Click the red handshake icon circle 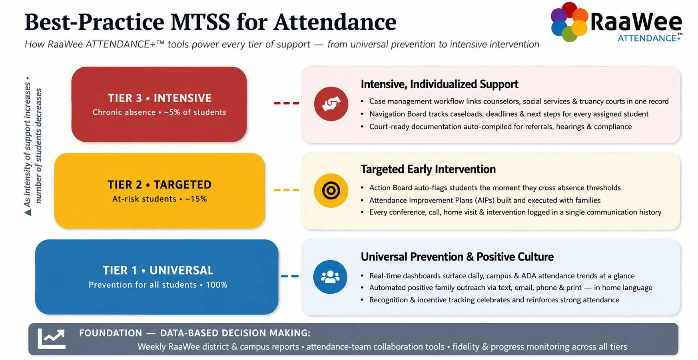[331, 104]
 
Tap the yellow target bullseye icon [331, 191]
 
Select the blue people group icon [330, 277]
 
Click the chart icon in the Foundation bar [52, 338]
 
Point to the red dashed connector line [286, 103]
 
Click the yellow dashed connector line [286, 190]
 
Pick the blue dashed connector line [289, 276]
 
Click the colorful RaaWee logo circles [569, 22]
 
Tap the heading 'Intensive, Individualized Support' [439, 84]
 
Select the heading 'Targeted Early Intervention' [428, 169]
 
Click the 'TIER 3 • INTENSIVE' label [160, 98]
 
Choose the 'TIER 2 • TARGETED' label [160, 185]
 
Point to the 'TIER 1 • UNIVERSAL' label [158, 270]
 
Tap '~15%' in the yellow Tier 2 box [196, 199]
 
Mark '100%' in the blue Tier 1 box [217, 285]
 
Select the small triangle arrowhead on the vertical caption [28, 213]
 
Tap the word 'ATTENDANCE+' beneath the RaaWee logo [649, 38]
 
